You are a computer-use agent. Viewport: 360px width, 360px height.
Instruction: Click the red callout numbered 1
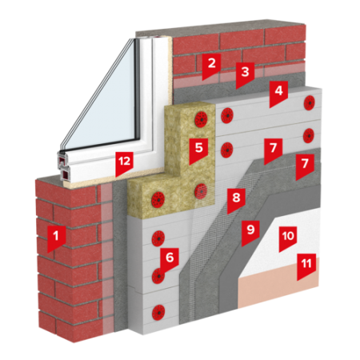(x=56, y=238)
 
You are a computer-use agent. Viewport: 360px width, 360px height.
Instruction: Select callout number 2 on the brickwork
(x=211, y=66)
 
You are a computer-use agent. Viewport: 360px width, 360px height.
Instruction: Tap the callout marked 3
(x=245, y=74)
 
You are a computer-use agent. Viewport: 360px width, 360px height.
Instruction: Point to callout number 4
(x=278, y=94)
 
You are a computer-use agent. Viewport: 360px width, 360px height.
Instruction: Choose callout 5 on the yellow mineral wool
(x=198, y=150)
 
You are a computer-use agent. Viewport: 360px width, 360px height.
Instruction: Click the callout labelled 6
(x=170, y=260)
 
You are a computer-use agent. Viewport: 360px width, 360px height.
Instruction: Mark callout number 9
(x=250, y=232)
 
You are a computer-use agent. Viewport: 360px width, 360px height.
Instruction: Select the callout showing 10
(x=288, y=238)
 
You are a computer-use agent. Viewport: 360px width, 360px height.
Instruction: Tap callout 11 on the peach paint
(x=306, y=266)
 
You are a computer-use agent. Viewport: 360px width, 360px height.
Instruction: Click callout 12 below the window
(x=124, y=163)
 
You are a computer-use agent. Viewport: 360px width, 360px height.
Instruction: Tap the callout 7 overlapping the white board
(x=273, y=150)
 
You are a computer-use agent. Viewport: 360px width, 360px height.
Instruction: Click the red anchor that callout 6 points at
(x=158, y=276)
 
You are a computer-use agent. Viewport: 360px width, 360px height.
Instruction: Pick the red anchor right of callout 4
(x=310, y=102)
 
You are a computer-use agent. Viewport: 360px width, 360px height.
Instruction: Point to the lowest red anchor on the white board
(x=158, y=312)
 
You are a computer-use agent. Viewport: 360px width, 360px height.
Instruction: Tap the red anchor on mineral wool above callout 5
(x=202, y=119)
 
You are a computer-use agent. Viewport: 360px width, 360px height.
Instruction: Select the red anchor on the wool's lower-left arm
(x=158, y=198)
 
